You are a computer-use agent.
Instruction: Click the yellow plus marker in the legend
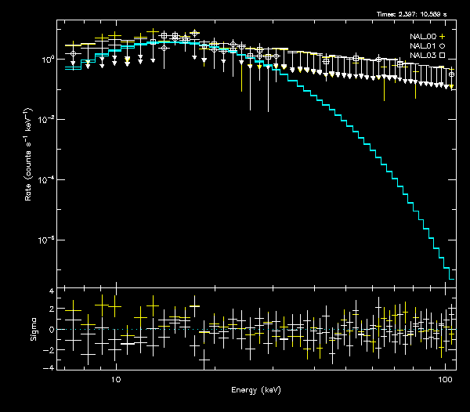442,37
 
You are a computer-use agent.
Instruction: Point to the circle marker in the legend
442,46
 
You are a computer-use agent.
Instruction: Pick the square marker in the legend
442,56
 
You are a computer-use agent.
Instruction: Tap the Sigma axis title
34,330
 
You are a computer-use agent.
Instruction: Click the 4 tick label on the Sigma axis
51,291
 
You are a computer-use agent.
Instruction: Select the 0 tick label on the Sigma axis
51,330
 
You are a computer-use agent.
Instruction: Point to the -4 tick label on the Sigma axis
49,367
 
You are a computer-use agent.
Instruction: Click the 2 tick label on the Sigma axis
51,310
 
